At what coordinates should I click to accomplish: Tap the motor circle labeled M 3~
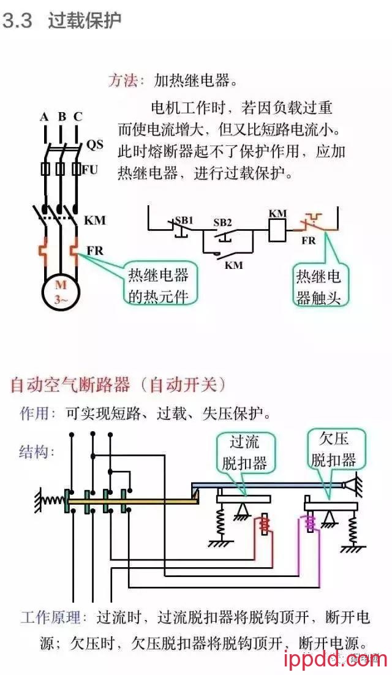pos(61,292)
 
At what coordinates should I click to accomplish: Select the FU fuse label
pos(90,170)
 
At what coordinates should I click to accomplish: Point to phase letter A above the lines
pos(44,117)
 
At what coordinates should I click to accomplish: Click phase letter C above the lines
pos(78,117)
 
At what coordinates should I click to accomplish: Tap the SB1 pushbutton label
pos(184,220)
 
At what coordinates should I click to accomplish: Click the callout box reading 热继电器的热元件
pos(157,285)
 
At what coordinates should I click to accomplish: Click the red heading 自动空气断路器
pos(70,385)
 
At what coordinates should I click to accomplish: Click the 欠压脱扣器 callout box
pos(334,449)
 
